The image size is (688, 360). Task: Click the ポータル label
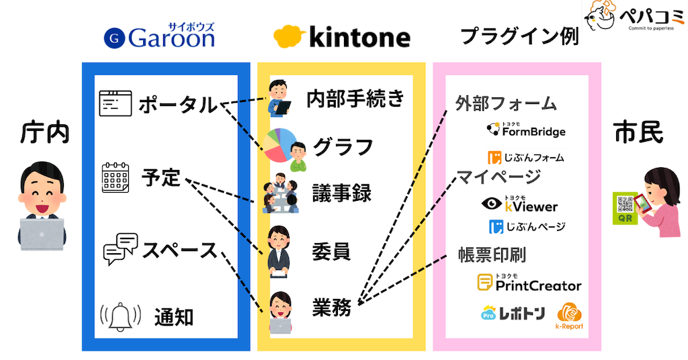click(178, 105)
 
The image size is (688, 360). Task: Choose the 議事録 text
click(342, 192)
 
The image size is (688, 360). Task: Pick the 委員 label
click(331, 251)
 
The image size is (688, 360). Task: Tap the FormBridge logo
click(525, 130)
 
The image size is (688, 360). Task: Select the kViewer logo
click(521, 204)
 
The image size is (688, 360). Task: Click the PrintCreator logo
click(529, 283)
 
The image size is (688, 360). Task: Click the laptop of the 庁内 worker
click(42, 232)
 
